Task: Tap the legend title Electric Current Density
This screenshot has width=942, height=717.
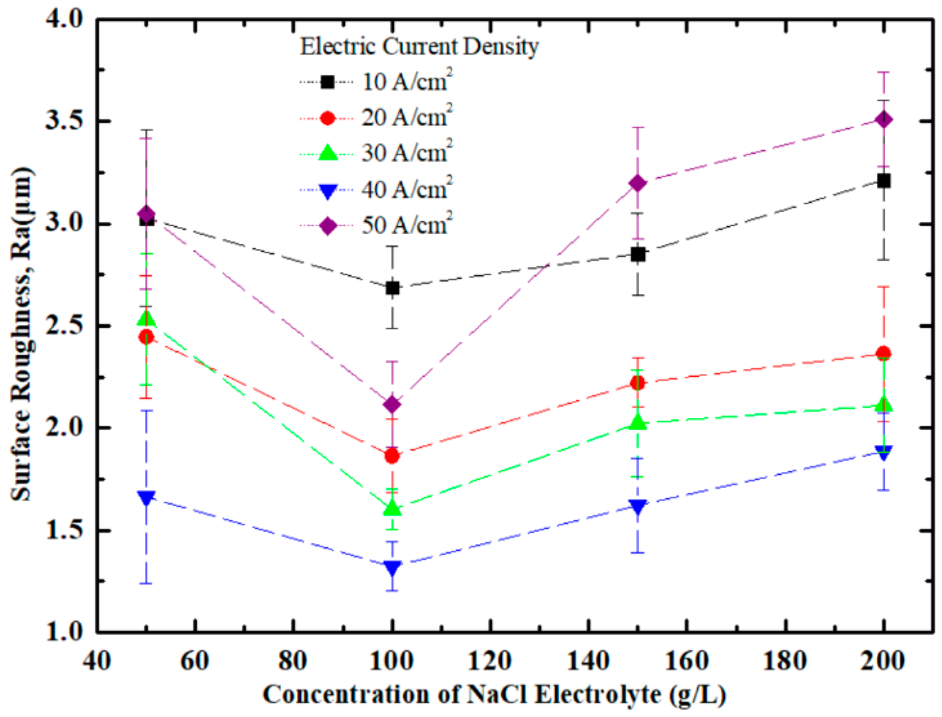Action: click(419, 46)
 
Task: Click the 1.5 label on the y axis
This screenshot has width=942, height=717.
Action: click(63, 531)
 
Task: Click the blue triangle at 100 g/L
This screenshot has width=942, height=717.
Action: click(392, 568)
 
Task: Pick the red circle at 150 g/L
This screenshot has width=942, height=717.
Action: click(638, 383)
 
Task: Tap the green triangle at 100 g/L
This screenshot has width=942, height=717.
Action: click(392, 508)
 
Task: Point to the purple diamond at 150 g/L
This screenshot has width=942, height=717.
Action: click(638, 184)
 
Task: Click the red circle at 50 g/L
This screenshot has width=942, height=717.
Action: click(146, 337)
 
